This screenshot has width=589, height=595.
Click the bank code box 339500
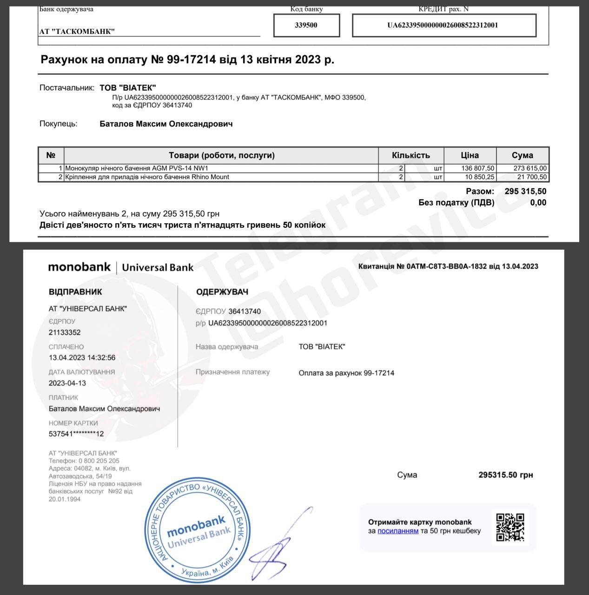306,25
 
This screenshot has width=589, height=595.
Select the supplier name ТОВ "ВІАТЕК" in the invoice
128,88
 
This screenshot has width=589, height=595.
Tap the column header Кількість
411,155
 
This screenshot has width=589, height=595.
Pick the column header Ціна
470,155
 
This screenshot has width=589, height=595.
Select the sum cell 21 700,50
530,177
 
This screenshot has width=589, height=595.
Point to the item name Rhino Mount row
147,177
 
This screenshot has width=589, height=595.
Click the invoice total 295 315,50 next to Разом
525,191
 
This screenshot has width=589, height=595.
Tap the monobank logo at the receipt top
79,267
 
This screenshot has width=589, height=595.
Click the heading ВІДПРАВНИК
75,292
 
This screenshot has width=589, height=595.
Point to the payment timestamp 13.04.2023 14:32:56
82,358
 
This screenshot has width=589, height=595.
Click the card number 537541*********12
76,434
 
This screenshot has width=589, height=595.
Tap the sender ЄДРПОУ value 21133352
65,332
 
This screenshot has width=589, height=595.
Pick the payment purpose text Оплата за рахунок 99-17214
346,373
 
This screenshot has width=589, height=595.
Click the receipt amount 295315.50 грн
506,475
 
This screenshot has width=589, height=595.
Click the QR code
510,527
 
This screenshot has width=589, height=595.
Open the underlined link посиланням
398,531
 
